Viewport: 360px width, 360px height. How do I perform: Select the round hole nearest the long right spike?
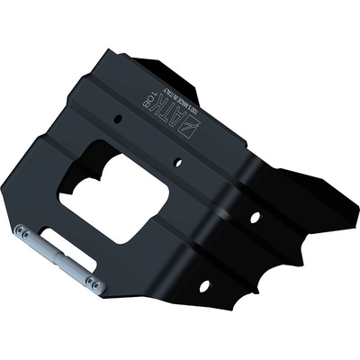tap(255, 218)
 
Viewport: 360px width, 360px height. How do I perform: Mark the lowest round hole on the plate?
tap(203, 285)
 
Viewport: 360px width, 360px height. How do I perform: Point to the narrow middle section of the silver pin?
tap(59, 262)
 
